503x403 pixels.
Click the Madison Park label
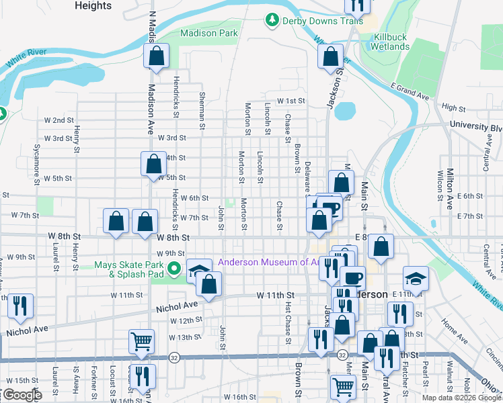pyautogui.click(x=209, y=33)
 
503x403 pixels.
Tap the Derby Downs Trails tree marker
pyautogui.click(x=272, y=21)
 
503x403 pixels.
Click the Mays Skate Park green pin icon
pyautogui.click(x=175, y=270)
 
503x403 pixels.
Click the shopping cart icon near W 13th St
pyautogui.click(x=142, y=341)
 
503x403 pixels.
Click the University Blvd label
pyautogui.click(x=476, y=126)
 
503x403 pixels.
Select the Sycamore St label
pyautogui.click(x=36, y=165)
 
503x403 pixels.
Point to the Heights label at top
pyautogui.click(x=93, y=5)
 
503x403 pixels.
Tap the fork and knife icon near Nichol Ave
pyautogui.click(x=19, y=306)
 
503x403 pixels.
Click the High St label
pyautogui.click(x=454, y=108)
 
